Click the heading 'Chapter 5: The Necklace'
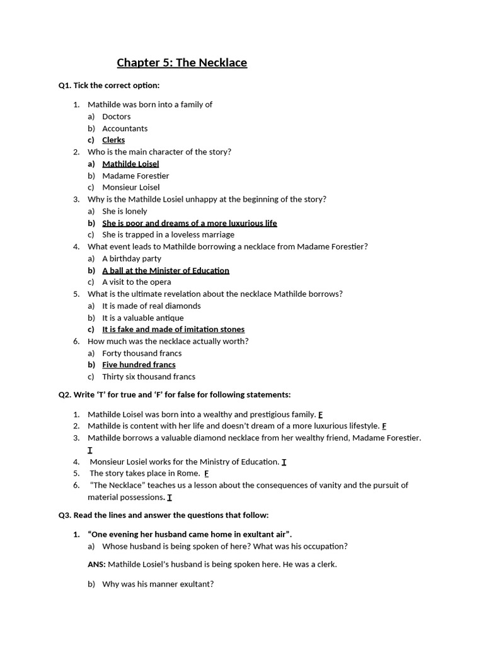tap(181, 62)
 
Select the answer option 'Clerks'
tap(113, 140)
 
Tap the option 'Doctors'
tap(116, 117)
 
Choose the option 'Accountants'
tap(125, 128)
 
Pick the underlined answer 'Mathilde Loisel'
tap(130, 164)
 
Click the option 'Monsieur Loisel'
tap(130, 187)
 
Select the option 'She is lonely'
tap(124, 211)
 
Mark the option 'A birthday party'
tap(131, 258)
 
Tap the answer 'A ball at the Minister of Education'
tap(165, 270)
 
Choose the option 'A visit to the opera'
tap(136, 282)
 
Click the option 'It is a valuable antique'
tap(142, 317)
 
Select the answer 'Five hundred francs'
tap(139, 365)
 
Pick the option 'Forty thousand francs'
tap(142, 353)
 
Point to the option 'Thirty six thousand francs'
tap(149, 377)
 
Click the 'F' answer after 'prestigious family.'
tap(320, 414)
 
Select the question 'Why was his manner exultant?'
tap(158, 584)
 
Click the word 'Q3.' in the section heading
tap(65, 515)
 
